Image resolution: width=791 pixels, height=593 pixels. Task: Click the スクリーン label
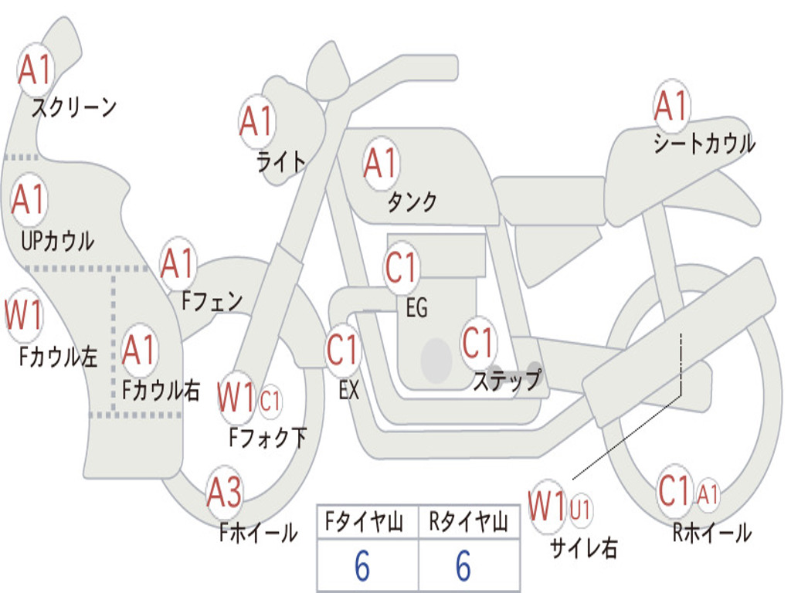click(x=73, y=107)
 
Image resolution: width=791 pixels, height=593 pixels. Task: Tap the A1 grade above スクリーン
click(x=36, y=69)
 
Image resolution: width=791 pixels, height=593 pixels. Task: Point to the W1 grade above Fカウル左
click(x=24, y=316)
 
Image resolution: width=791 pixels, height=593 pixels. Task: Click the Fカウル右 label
click(x=161, y=390)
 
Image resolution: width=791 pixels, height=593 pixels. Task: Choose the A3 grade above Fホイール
click(x=224, y=492)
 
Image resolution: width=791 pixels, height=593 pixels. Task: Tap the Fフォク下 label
click(x=267, y=438)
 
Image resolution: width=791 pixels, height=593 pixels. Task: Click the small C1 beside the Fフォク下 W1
click(x=270, y=401)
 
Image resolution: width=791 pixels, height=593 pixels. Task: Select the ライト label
click(x=281, y=161)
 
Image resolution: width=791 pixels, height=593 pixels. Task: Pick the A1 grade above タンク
click(x=380, y=164)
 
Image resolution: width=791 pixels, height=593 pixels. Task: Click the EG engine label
click(x=416, y=309)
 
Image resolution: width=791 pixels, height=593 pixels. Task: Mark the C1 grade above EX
click(x=343, y=349)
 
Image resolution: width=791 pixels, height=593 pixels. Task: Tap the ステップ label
click(x=506, y=380)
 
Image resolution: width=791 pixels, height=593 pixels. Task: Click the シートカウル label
click(x=704, y=144)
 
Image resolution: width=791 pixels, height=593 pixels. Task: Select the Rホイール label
click(x=711, y=532)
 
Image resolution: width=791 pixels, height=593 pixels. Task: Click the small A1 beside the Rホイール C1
click(x=708, y=493)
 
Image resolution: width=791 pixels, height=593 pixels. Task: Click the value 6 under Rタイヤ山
click(x=463, y=567)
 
